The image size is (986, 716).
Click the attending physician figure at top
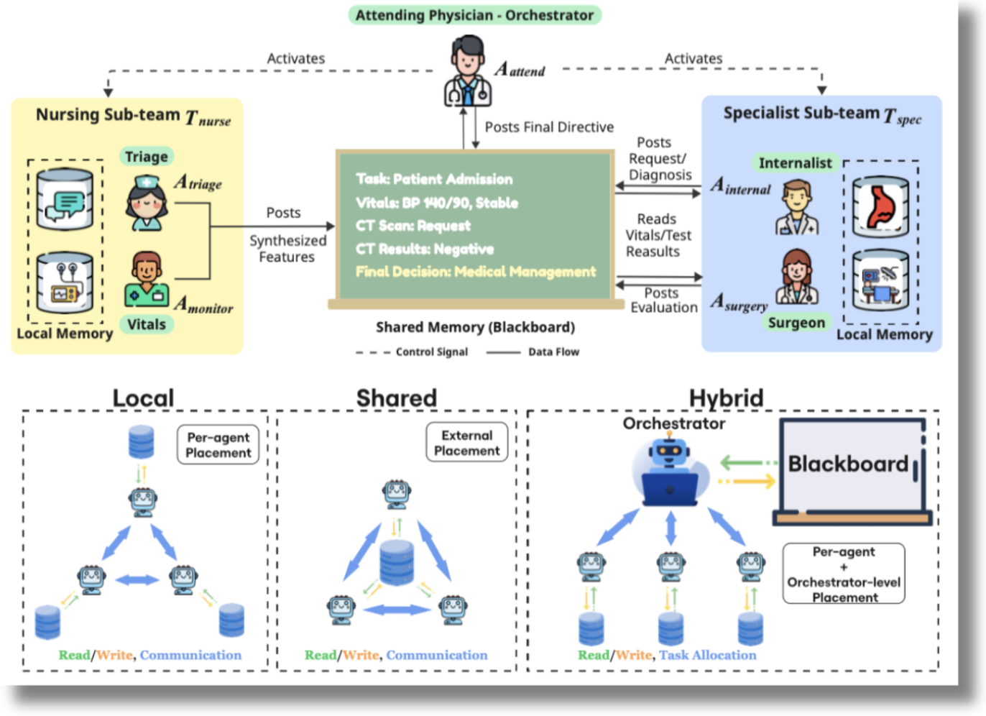point(467,72)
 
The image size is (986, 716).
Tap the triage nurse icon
point(147,204)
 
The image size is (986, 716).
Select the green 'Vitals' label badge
point(147,324)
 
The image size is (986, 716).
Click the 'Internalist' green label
point(795,163)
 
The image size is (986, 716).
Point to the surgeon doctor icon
point(796,277)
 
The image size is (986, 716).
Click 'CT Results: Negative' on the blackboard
point(425,249)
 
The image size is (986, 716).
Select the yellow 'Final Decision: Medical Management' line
point(476,272)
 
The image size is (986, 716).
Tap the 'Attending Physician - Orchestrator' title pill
point(474,15)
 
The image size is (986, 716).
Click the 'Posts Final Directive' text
point(549,127)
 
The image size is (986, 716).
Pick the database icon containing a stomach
point(880,206)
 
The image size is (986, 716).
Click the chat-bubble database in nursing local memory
point(65,200)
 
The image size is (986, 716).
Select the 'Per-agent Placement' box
point(218,445)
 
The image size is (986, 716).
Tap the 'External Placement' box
point(467,443)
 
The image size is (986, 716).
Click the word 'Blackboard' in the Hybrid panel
point(848,464)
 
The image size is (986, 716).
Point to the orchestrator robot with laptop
point(670,474)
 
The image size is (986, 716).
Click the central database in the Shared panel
point(397,562)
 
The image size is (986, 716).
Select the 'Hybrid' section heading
point(726,398)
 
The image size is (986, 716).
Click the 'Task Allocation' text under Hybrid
point(708,655)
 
